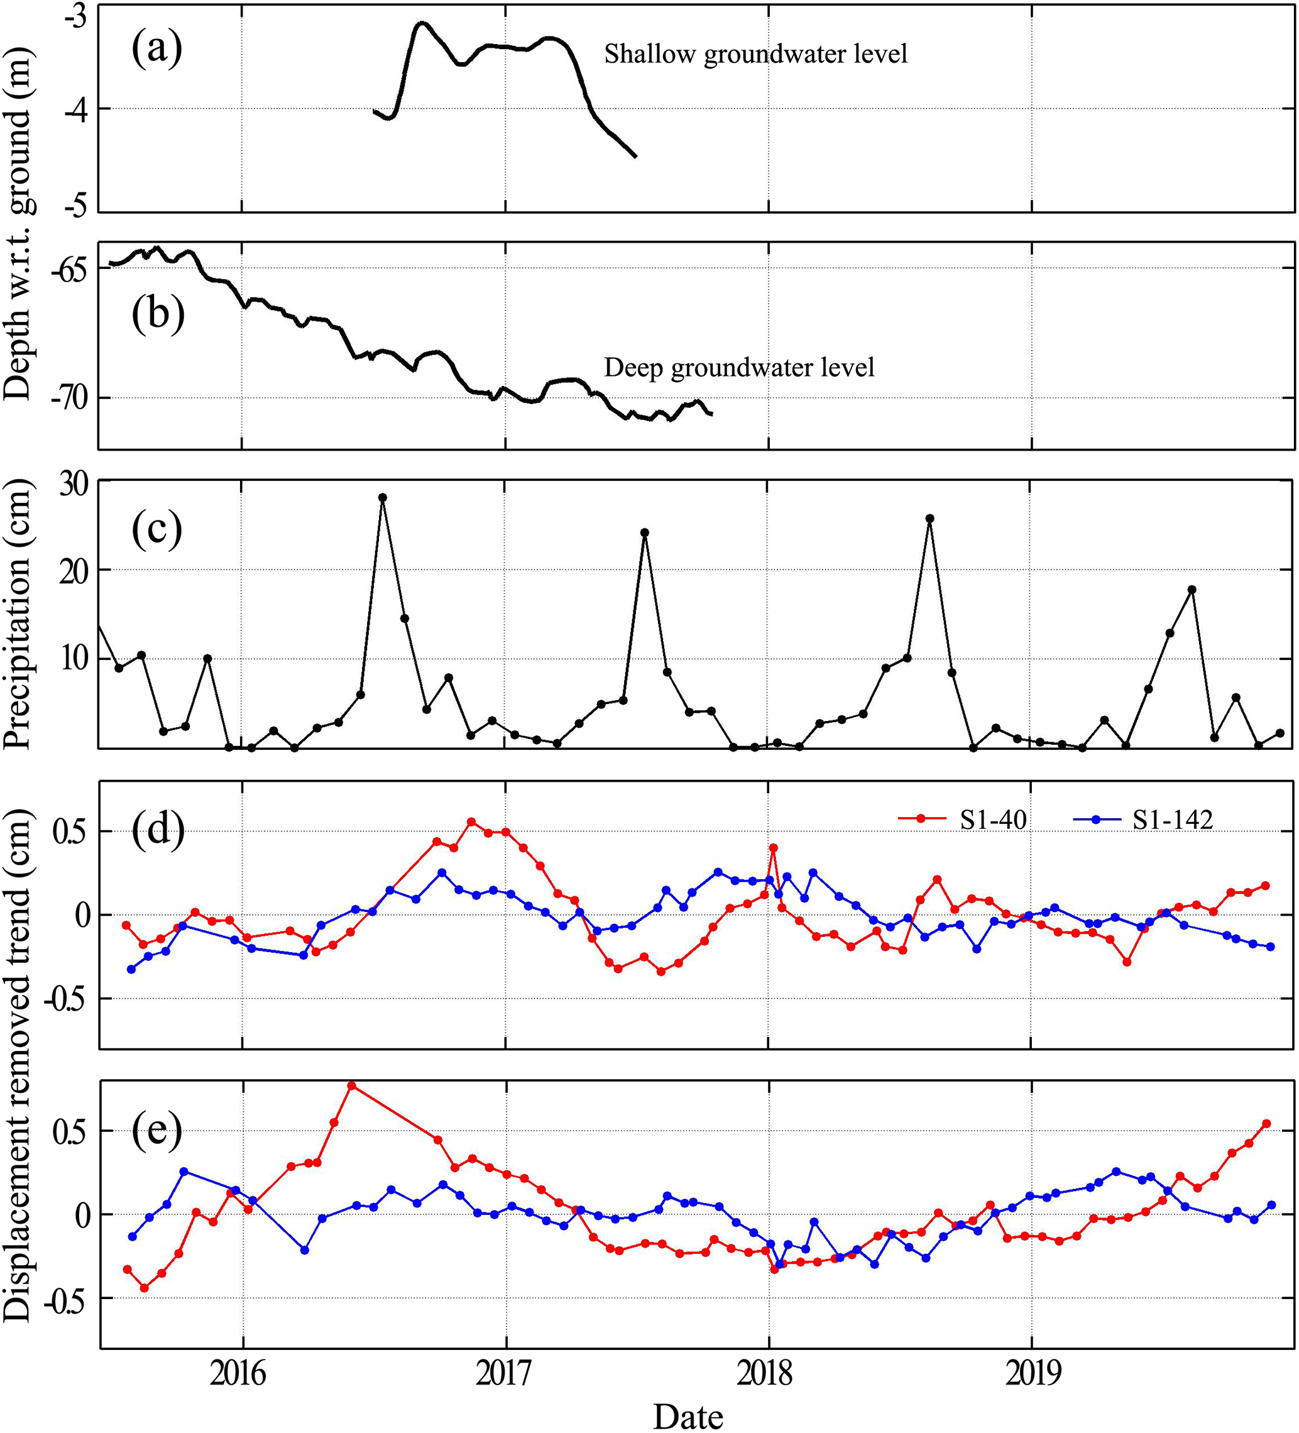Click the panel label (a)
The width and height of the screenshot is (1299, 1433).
click(157, 50)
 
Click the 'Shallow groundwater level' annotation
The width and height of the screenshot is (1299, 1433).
click(755, 55)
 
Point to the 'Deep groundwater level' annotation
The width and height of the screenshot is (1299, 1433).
click(739, 368)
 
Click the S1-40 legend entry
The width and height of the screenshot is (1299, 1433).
click(963, 820)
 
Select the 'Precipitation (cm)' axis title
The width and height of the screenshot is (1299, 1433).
click(18, 615)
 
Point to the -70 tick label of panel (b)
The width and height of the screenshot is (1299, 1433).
click(70, 398)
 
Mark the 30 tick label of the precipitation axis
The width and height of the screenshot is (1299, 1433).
click(74, 485)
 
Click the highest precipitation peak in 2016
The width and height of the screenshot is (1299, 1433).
click(382, 498)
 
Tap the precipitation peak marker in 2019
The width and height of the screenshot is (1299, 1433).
click(1192, 590)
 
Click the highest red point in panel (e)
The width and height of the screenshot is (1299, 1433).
click(351, 1085)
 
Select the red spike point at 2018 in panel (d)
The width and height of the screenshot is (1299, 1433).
click(773, 848)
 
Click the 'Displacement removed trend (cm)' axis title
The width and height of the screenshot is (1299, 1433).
click(18, 1066)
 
